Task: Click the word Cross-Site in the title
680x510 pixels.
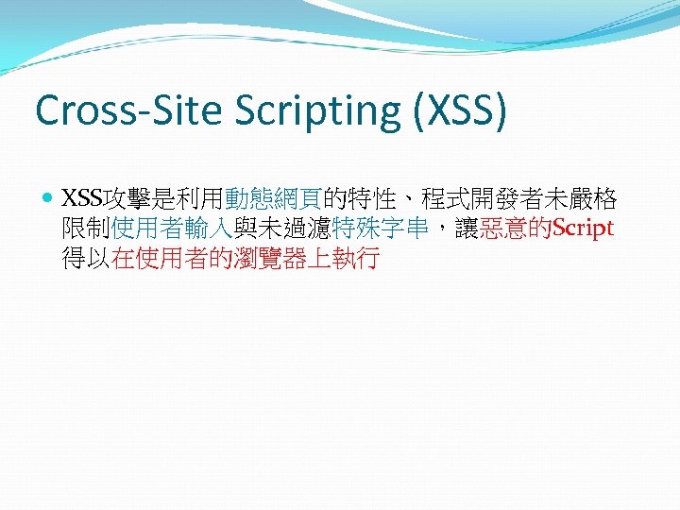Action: point(118,110)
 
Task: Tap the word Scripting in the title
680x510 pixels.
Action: point(294,111)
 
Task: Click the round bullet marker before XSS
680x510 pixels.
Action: point(48,199)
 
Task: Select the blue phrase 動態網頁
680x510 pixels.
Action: point(273,199)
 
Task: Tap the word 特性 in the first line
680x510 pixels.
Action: point(369,199)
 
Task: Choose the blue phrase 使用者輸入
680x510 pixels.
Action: point(172,229)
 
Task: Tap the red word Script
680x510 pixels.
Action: point(583,229)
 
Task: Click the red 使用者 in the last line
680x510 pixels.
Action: point(172,259)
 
